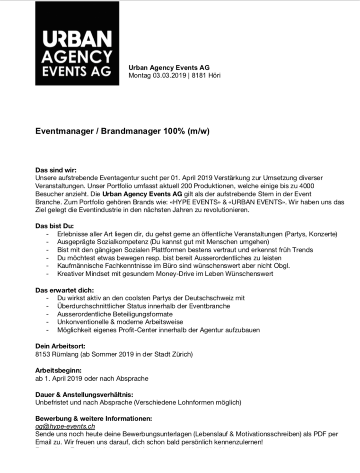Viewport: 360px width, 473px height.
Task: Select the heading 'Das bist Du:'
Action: tap(55, 226)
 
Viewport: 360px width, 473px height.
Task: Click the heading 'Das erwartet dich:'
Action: tap(64, 290)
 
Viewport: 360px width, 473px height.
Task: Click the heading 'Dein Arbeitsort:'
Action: tap(61, 346)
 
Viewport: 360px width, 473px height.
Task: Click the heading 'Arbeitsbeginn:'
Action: tap(59, 370)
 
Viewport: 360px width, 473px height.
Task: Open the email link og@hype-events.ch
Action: tap(65, 427)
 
